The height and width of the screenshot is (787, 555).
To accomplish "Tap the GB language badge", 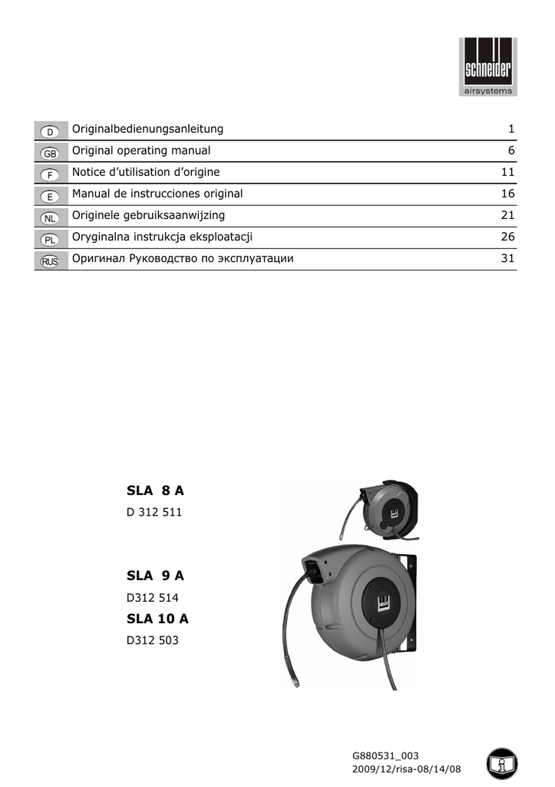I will tap(47, 152).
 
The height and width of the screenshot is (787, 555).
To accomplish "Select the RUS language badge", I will tap(47, 261).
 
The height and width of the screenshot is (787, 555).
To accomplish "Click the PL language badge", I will tap(47, 239).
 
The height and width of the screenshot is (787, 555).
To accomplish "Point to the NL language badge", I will tap(47, 218).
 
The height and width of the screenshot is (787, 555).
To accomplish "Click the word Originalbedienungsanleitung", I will tap(147, 128).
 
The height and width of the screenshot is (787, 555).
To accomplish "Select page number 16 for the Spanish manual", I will tap(507, 194).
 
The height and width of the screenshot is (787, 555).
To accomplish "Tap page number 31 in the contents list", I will tap(507, 258).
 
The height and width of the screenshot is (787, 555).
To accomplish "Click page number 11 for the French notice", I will tap(507, 172).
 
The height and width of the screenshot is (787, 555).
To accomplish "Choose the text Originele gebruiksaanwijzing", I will tap(148, 215).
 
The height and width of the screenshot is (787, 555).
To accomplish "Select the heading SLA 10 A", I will tap(157, 618).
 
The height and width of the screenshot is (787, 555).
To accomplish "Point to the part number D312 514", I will tap(152, 596).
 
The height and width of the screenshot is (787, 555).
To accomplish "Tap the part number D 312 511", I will tap(154, 512).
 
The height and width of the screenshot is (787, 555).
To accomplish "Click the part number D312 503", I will tap(152, 639).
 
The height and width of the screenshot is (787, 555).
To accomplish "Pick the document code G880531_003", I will tap(385, 756).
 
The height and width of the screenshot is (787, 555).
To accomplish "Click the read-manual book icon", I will tap(502, 763).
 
